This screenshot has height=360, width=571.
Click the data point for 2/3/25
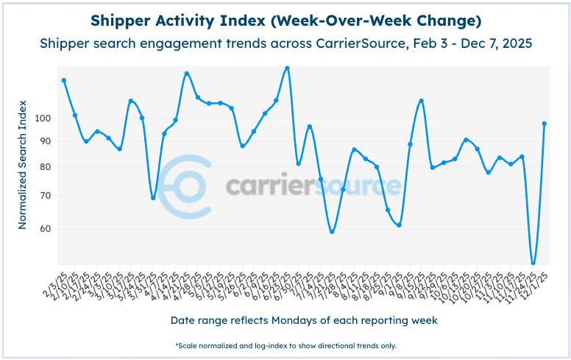click(x=64, y=80)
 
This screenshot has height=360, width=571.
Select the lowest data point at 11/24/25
click(x=533, y=264)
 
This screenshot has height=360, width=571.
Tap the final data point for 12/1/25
click(x=544, y=124)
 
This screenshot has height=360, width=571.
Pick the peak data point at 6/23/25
click(x=287, y=68)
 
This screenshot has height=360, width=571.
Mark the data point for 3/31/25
click(x=153, y=197)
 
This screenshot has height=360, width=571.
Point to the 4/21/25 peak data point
click(x=187, y=74)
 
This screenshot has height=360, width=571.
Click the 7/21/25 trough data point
click(x=332, y=232)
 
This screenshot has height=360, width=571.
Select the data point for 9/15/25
click(x=421, y=101)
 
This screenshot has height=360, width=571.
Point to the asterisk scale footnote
click(x=285, y=345)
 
